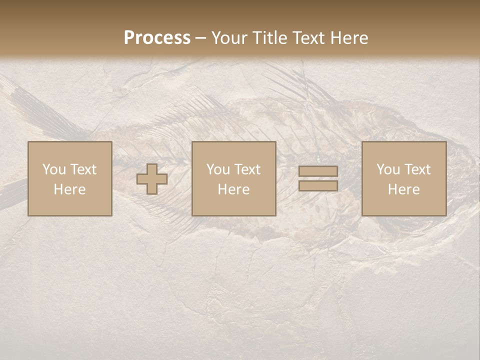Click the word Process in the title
coord(157,38)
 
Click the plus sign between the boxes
coord(152,178)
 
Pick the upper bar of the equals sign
coord(318,171)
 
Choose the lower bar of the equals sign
coord(318,185)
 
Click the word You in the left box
coord(54,169)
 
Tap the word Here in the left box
coord(69,189)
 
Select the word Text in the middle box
coord(246,169)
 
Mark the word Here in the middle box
coord(233,189)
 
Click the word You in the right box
coord(388,169)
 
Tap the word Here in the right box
coord(403,189)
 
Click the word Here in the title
coord(349,38)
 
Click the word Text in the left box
coord(82,169)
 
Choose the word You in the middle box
coord(218,169)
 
